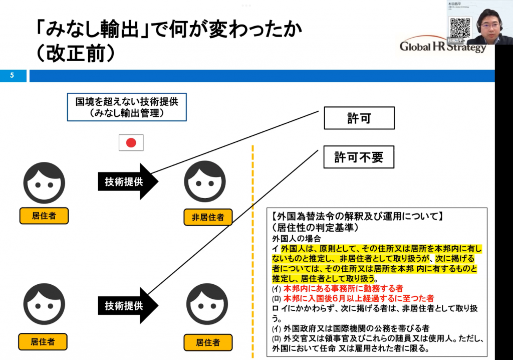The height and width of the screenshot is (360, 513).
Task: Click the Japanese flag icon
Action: coord(131,142)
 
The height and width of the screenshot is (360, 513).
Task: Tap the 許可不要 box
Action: coord(359,157)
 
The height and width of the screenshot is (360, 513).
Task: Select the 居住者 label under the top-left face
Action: coord(44,216)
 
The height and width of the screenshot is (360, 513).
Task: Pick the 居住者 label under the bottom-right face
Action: coord(207,342)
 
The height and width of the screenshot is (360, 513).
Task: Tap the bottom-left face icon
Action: coord(44,303)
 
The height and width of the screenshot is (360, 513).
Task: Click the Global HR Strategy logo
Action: coord(443,47)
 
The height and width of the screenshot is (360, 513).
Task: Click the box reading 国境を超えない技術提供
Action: coord(127,107)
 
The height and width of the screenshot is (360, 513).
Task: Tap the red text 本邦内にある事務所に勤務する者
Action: coord(343,288)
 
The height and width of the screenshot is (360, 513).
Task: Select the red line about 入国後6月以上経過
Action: coord(358,298)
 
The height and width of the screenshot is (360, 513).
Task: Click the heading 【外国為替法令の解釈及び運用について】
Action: coord(356,218)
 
